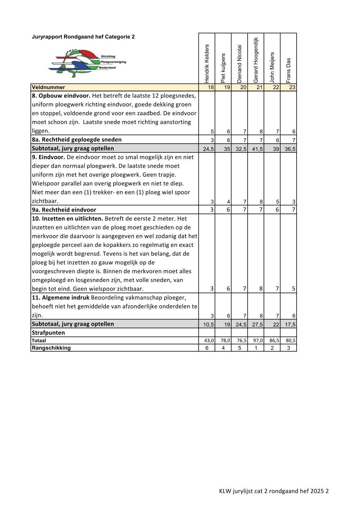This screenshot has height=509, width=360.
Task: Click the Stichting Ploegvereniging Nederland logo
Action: pos(87,63)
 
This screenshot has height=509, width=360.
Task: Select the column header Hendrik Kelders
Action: pos(207,64)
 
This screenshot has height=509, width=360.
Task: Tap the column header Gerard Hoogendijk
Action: pos(256,60)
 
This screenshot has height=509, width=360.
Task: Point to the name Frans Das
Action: pos(288,71)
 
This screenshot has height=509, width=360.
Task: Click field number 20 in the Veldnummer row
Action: pos(243,87)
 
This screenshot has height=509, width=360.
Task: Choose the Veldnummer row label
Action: pos(49,87)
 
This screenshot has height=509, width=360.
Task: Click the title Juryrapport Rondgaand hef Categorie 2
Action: pos(83,37)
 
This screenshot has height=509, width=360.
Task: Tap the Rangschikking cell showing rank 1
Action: pos(256,348)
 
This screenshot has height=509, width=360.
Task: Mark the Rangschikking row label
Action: pos(51,348)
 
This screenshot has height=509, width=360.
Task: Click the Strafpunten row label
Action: pos(48,333)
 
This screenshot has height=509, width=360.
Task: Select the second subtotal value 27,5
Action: pos(257,325)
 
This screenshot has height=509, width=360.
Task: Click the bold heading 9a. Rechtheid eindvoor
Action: pos(64,210)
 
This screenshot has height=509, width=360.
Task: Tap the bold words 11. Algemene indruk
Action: pos(60,298)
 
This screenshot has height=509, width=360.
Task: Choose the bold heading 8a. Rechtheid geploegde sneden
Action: pos(77,140)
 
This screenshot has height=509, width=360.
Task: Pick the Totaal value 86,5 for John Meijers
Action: pos(274,341)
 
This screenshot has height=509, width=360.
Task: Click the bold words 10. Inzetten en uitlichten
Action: pos(67,219)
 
